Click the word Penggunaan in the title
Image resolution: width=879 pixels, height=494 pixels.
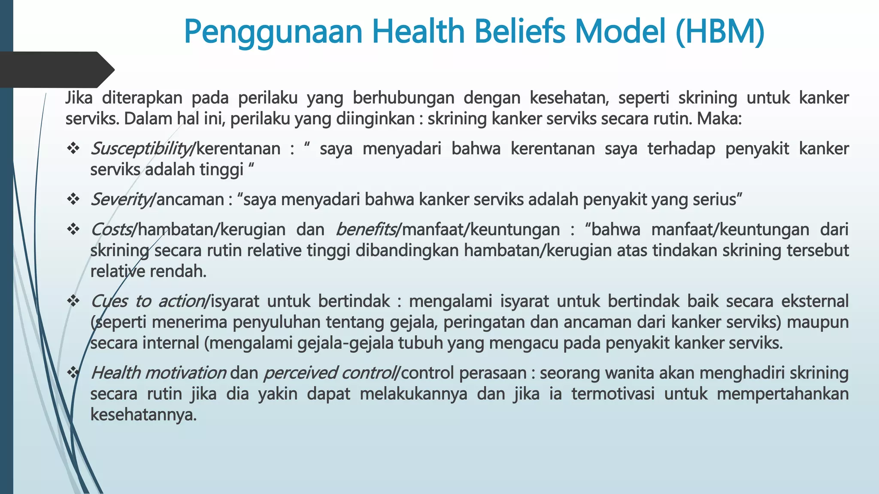(x=273, y=33)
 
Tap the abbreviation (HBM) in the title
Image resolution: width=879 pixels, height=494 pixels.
(x=719, y=32)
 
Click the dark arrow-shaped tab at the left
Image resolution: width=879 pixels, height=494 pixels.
(x=56, y=69)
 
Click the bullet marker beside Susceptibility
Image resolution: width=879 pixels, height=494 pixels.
(x=73, y=148)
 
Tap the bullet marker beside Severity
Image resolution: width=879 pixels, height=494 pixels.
(x=73, y=199)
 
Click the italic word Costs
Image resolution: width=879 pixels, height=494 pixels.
(x=111, y=230)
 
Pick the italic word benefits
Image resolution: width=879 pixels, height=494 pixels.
(x=366, y=230)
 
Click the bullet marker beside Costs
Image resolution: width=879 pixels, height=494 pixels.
(x=73, y=229)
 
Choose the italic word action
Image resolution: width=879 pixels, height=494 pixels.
(x=182, y=301)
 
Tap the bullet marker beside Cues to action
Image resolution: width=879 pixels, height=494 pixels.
(x=73, y=301)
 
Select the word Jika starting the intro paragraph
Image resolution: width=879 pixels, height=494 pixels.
(x=79, y=98)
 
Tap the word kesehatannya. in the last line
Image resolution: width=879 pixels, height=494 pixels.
(x=143, y=415)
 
